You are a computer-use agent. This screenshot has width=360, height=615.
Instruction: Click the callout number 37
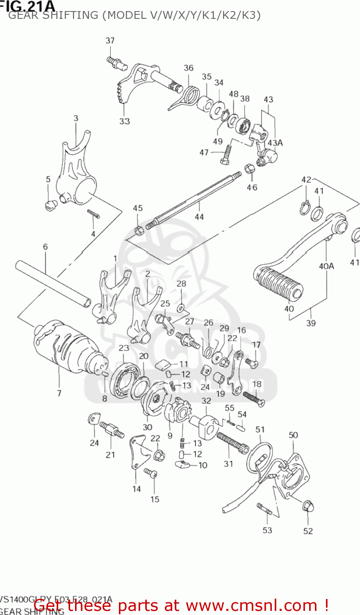pos(110,40)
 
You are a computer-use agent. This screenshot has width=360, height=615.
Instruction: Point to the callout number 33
pos(125,121)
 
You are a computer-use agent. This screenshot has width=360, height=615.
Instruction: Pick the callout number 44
pos(199,216)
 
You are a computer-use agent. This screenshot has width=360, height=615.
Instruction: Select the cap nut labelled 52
pos(308,506)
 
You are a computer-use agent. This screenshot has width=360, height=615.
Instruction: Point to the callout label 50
pos(293,435)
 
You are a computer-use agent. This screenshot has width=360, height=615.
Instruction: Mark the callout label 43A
pos(275,143)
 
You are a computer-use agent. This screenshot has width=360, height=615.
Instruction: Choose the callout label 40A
pos(326,266)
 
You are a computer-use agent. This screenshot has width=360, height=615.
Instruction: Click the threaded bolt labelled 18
pos(254,398)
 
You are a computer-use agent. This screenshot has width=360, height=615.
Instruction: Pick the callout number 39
pos(311,323)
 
